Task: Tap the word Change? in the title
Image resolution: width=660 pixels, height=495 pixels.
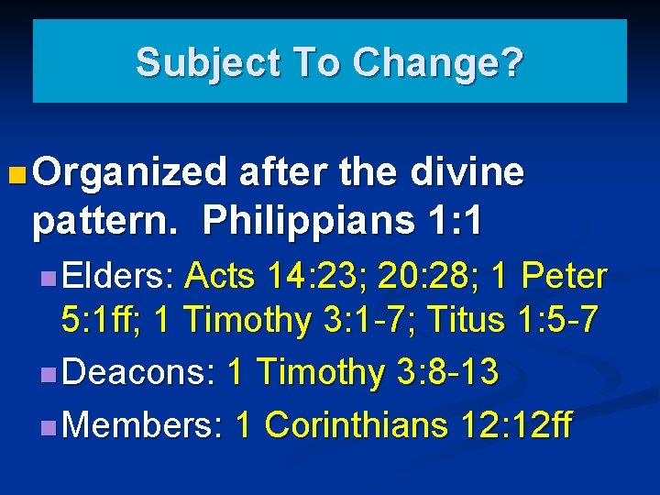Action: click(x=437, y=62)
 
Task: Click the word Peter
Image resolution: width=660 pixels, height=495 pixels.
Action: click(x=568, y=275)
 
